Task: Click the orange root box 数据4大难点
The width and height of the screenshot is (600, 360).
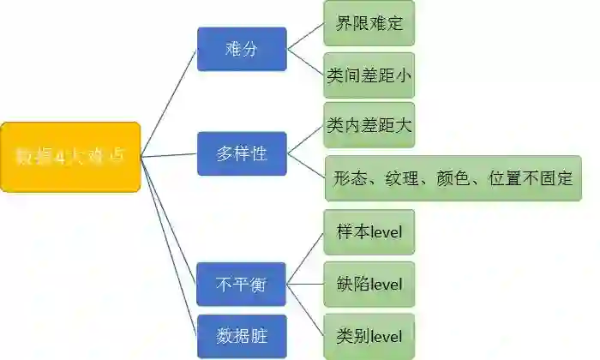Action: click(70, 156)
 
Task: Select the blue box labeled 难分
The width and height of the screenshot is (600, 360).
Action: click(241, 49)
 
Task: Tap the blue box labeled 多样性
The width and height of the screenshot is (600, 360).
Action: click(241, 154)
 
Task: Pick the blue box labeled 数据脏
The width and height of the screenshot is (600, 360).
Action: click(241, 336)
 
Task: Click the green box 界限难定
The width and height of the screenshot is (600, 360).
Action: click(369, 24)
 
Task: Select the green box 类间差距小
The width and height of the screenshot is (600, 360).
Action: click(369, 75)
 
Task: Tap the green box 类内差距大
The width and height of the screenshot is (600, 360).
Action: click(369, 126)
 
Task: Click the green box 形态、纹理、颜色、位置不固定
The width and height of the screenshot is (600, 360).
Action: click(453, 179)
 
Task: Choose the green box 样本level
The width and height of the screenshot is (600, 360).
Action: click(369, 231)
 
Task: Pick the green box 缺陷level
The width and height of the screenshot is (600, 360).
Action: click(369, 284)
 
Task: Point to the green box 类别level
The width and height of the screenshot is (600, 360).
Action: click(369, 335)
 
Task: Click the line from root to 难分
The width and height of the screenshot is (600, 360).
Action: click(169, 102)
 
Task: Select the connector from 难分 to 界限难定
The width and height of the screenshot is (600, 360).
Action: click(305, 37)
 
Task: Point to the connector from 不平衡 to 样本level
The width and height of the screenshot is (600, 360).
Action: click(305, 258)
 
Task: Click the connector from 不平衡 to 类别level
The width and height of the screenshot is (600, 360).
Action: click(305, 309)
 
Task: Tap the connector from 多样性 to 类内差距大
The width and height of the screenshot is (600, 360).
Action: click(305, 141)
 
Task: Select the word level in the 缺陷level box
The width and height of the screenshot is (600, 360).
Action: click(385, 284)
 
